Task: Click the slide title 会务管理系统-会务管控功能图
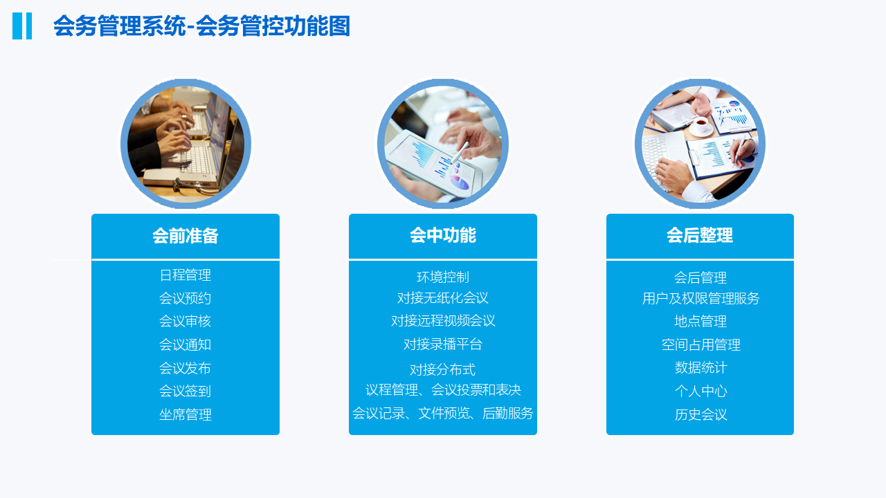201,26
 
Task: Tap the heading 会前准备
186,236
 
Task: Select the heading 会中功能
443,236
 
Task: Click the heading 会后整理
700,236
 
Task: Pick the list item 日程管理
186,275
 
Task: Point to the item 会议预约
186,298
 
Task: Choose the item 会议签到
186,391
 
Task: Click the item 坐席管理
186,414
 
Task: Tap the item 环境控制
443,277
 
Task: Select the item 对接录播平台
443,344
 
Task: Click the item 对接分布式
443,369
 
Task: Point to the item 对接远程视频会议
443,320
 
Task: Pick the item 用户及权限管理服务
701,298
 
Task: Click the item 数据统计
701,367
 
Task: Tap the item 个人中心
701,391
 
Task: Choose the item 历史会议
701,414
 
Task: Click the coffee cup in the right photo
701,126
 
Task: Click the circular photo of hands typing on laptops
186,143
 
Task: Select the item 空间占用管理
701,344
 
